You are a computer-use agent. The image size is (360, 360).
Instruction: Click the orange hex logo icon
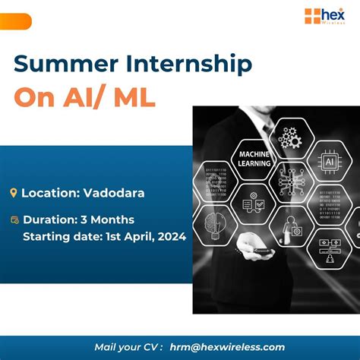(312, 16)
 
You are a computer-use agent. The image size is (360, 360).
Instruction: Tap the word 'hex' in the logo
(334, 14)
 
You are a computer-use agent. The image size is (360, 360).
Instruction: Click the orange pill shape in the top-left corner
(15, 21)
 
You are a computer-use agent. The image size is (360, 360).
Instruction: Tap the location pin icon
(13, 193)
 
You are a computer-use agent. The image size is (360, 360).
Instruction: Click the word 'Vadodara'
(112, 193)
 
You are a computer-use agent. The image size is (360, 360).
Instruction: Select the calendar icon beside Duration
(14, 220)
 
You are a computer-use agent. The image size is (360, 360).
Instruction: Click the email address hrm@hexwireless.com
(227, 347)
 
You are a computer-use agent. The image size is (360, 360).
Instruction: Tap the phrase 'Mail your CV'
(127, 347)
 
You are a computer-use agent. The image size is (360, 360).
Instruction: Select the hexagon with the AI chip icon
(330, 163)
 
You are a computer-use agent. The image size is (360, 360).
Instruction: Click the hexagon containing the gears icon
(289, 137)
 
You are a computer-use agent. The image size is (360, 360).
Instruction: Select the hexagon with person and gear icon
(291, 224)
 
